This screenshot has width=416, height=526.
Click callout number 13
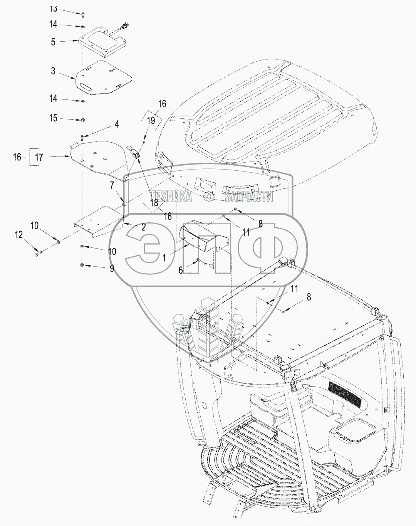pos(53,8)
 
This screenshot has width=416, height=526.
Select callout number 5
pos(53,42)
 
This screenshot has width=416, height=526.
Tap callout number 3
pos(53,71)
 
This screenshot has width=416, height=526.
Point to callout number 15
pos(53,118)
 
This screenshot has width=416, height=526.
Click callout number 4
pos(116,124)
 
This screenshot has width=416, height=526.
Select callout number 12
pos(19,234)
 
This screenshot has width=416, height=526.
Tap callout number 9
pos(112,269)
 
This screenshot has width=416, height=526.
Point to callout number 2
pos(143,227)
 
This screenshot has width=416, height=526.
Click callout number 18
pos(154,203)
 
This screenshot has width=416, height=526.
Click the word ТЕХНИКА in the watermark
pos(171,197)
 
